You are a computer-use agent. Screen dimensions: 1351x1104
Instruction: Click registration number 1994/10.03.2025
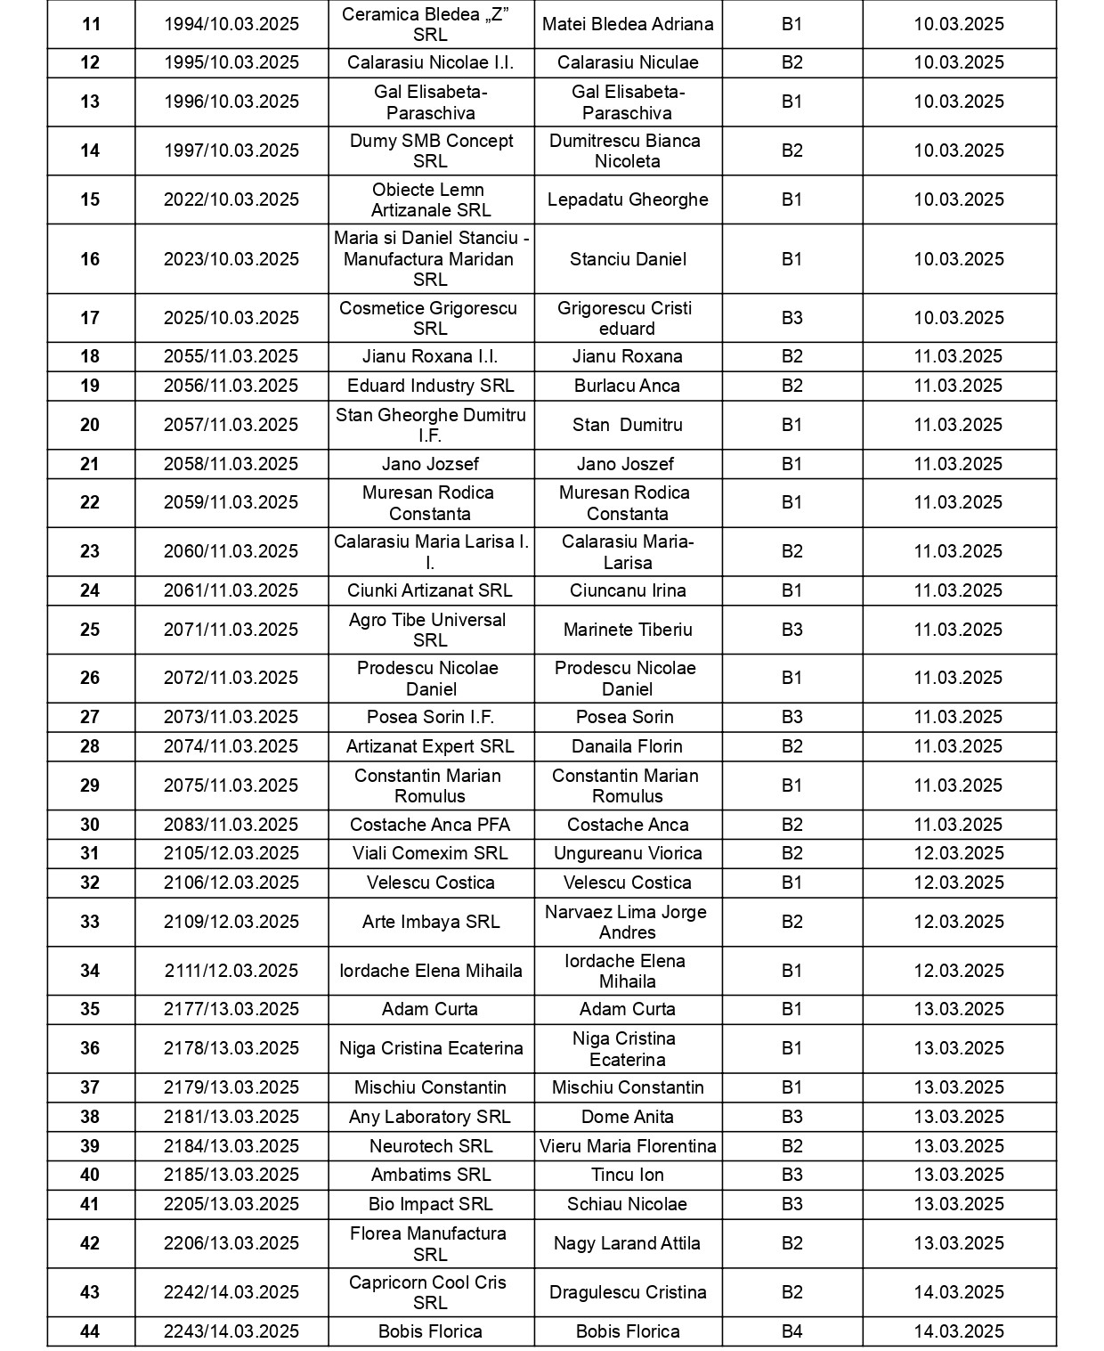tap(231, 24)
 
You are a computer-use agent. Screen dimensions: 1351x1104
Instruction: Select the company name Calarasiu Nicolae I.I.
tap(430, 62)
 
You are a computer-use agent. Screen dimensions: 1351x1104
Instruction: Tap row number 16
tap(90, 259)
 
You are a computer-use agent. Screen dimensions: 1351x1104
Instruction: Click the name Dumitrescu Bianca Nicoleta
tap(627, 151)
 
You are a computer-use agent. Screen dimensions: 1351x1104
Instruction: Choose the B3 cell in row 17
tap(791, 318)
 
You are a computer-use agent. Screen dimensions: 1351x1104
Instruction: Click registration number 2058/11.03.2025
tap(231, 464)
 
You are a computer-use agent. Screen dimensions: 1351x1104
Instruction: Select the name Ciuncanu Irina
tap(627, 590)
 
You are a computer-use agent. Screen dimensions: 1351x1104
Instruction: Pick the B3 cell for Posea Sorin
tap(791, 717)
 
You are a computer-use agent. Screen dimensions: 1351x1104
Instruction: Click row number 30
tap(90, 825)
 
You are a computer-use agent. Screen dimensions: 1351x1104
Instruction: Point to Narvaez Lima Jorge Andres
tap(627, 922)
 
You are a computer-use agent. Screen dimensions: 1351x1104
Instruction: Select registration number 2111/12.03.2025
tap(231, 971)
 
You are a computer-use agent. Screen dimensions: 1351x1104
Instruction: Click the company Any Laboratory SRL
tap(430, 1117)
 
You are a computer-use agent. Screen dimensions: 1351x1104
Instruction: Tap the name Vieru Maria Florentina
tap(627, 1146)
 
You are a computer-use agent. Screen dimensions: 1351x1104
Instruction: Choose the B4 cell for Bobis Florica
tap(791, 1331)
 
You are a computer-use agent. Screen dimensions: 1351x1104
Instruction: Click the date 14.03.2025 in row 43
tap(959, 1292)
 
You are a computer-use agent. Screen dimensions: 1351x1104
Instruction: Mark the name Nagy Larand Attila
tap(627, 1243)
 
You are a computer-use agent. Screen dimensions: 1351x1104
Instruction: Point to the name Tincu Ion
tap(627, 1175)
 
